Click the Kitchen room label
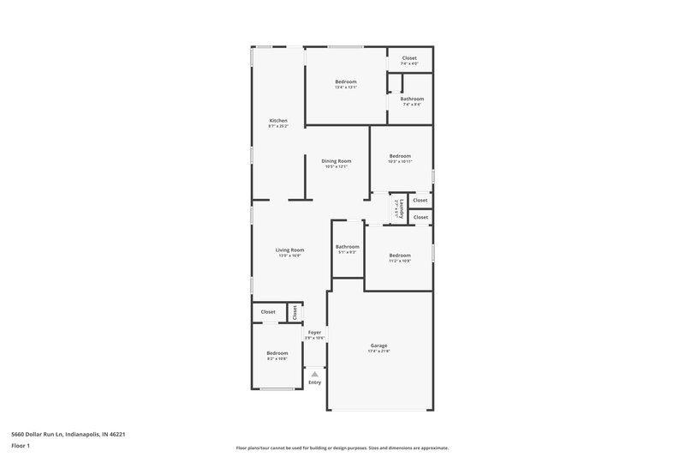tap(278, 120)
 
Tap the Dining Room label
tap(336, 161)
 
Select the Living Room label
tap(289, 250)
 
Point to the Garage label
tap(378, 346)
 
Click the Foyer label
tap(314, 332)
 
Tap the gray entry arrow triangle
tap(315, 374)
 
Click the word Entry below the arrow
tap(315, 382)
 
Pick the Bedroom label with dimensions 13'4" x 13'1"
tap(345, 81)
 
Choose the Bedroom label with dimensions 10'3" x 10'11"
tap(400, 155)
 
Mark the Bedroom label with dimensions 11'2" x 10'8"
tap(400, 255)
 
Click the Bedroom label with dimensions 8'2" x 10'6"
tap(277, 353)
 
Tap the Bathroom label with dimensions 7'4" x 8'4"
tap(412, 99)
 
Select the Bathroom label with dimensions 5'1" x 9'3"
tap(347, 247)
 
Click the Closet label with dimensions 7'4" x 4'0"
tap(409, 58)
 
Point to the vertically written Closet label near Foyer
tap(295, 311)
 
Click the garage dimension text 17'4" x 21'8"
tap(378, 352)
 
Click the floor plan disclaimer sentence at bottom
tap(342, 448)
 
